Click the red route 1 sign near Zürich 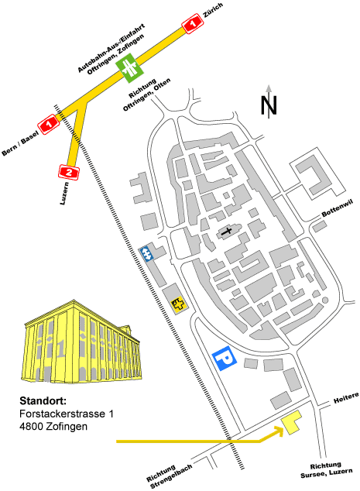(192, 23)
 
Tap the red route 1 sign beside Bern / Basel (49, 125)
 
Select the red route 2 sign (69, 172)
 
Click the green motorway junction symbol (129, 67)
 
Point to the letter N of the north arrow (269, 105)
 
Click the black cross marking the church (227, 232)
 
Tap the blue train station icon (146, 254)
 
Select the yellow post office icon (178, 304)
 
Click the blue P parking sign (225, 359)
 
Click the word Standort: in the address (43, 401)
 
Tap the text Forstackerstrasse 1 (67, 414)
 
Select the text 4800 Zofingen (53, 426)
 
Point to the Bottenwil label (337, 208)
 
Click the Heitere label (346, 398)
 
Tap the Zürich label (213, 10)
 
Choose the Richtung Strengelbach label (169, 476)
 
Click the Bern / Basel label (21, 143)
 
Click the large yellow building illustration (82, 342)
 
